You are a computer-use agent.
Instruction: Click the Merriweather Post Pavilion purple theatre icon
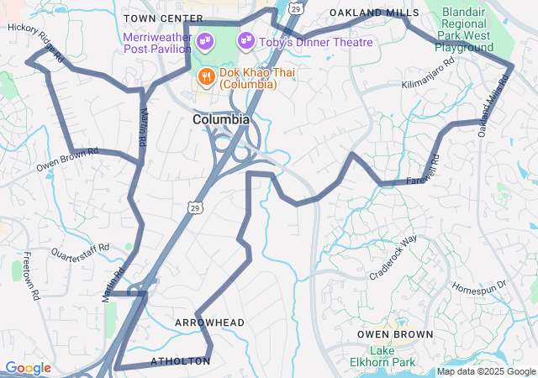point(203,39)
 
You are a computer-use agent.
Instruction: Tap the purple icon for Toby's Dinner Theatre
point(246,39)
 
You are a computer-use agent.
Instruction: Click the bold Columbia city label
point(220,120)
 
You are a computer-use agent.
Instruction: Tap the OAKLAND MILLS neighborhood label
point(374,13)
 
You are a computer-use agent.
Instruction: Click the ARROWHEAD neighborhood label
point(209,323)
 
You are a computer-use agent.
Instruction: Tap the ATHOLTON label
point(180,361)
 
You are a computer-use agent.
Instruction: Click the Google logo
point(28,368)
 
